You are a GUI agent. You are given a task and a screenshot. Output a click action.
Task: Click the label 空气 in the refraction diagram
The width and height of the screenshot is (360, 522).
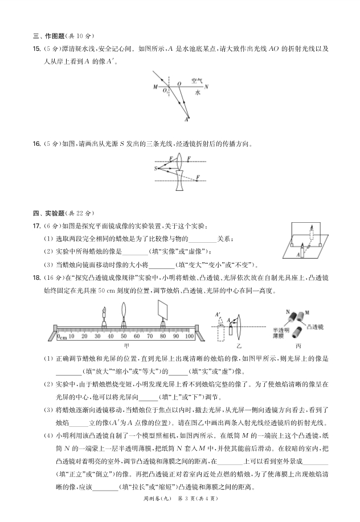pyautogui.click(x=197, y=81)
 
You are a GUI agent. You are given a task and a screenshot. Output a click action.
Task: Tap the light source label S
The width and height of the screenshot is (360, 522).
pyautogui.click(x=154, y=169)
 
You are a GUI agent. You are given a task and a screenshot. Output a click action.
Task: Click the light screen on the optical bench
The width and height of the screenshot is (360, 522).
pyautogui.click(x=162, y=312)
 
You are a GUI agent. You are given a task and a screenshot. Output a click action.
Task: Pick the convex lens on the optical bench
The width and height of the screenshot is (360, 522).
pyautogui.click(x=124, y=314)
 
